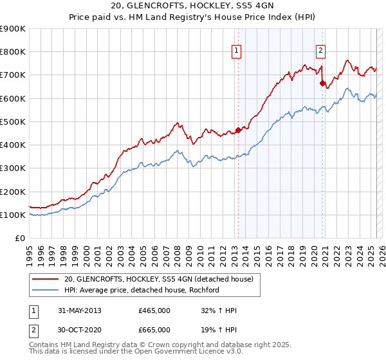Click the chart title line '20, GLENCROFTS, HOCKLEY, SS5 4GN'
193,6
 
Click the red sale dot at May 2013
238,130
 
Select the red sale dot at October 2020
322,83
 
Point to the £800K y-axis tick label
13,52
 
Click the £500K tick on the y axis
13,122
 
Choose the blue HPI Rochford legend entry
142,290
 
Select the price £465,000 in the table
154,310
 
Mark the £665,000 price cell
154,329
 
